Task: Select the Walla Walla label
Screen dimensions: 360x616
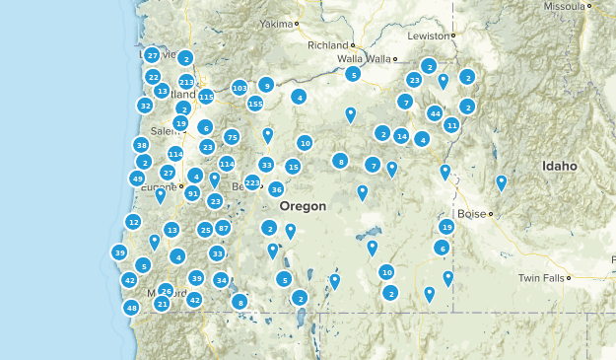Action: (364, 59)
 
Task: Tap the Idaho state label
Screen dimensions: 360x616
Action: (559, 167)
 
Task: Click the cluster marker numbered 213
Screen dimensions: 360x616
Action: (186, 82)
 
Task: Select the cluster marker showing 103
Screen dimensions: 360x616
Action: (240, 88)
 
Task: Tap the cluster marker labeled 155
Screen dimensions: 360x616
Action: (255, 104)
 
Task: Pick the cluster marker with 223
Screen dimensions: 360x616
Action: (252, 182)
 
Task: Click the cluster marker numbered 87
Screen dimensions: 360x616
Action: (224, 228)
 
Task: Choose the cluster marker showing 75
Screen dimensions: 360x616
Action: (232, 137)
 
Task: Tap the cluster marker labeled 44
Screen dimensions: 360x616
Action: (435, 113)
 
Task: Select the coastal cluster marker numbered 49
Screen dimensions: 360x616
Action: (137, 179)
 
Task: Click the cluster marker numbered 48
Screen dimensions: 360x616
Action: (131, 308)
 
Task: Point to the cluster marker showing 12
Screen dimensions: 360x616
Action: (133, 222)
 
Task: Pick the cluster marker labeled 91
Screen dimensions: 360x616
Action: (192, 193)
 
